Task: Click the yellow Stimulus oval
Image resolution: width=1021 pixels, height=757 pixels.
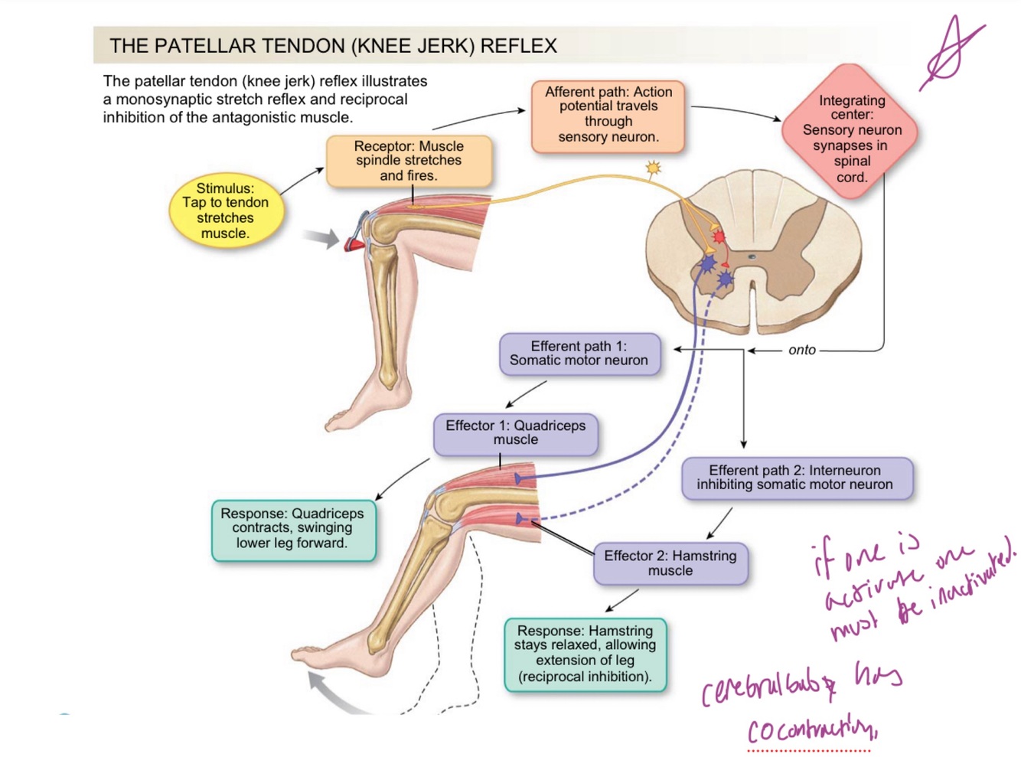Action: pos(225,210)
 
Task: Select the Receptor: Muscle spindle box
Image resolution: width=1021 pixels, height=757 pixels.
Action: pos(409,161)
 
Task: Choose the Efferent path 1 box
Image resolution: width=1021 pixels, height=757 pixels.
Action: pos(579,354)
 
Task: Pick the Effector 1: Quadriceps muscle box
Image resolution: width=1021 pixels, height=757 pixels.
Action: pos(515,432)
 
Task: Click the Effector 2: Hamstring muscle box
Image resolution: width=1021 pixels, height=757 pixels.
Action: pos(670,563)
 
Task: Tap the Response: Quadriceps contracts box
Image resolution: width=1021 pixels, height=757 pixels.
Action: pos(292,528)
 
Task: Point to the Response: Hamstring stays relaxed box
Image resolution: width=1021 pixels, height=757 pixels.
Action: pos(585,654)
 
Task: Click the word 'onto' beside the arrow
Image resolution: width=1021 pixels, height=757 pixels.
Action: pos(801,350)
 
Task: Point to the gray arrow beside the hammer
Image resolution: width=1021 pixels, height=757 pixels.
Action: pos(321,238)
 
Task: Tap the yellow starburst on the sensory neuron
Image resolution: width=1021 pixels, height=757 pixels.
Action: pos(653,168)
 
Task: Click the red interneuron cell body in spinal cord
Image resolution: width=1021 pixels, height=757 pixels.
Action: pos(718,237)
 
